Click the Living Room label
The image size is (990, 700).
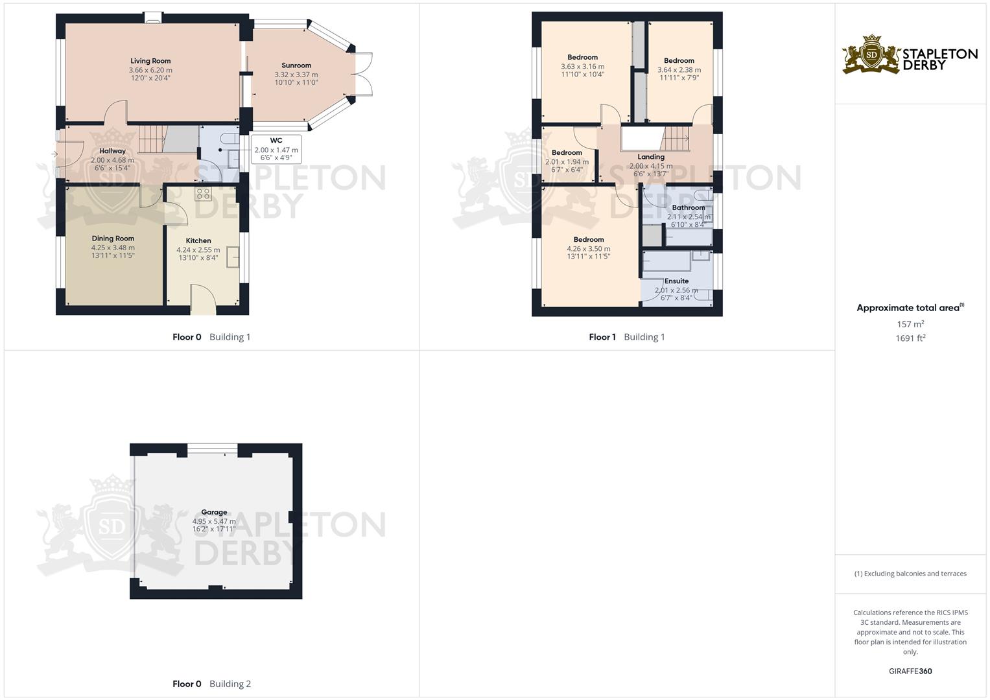tap(150, 61)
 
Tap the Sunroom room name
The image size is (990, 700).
tap(296, 65)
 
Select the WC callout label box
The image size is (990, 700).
tap(276, 149)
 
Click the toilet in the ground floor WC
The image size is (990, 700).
tap(229, 139)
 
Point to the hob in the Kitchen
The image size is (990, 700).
tap(203, 194)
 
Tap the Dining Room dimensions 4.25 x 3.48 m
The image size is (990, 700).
tap(113, 248)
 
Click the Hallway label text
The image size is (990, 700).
tap(112, 151)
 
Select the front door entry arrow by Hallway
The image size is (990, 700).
tap(54, 154)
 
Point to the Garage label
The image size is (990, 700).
tap(214, 512)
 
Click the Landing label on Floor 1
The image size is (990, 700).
tap(651, 157)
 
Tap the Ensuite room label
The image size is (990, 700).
tap(676, 281)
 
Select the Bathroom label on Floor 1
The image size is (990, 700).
tap(688, 208)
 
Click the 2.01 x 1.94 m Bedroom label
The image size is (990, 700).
tap(567, 162)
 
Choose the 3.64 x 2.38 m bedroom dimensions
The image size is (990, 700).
tap(679, 69)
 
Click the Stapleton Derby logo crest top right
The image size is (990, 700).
tap(871, 54)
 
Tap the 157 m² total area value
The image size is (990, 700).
tap(910, 324)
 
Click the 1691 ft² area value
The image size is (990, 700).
tap(910, 338)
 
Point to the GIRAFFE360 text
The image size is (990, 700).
tap(910, 671)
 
